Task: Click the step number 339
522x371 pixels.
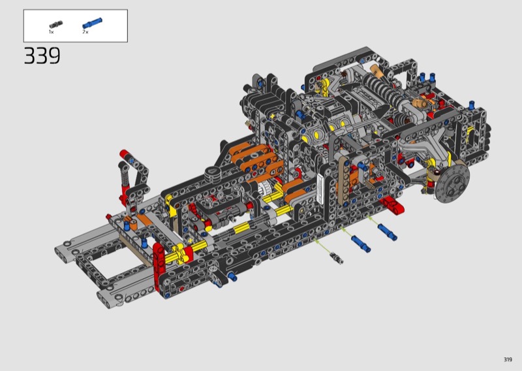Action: tap(42, 56)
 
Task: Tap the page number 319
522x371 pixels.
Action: tap(508, 359)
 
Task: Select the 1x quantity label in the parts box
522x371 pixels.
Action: tap(52, 32)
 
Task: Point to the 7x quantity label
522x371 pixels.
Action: tap(85, 32)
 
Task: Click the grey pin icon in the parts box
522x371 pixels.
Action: tap(56, 24)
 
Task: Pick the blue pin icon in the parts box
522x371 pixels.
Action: tap(92, 24)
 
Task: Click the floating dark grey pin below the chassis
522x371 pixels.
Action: tap(337, 258)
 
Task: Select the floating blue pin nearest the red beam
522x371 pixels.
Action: tap(387, 232)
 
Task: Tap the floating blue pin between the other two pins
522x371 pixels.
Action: tap(361, 244)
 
